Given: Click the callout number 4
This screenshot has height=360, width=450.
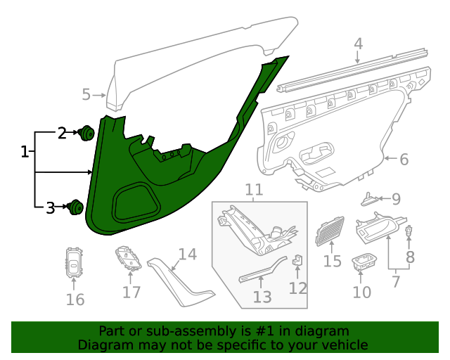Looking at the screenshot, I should pyautogui.click(x=358, y=44).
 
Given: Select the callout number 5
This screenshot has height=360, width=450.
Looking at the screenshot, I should pyautogui.click(x=86, y=94).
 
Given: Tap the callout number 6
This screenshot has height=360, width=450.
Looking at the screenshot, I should pyautogui.click(x=404, y=160).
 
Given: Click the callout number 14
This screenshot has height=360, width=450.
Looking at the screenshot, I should pyautogui.click(x=187, y=255).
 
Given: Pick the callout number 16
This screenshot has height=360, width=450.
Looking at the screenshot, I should pyautogui.click(x=75, y=300).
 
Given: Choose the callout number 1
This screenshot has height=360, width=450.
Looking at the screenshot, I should pyautogui.click(x=25, y=152).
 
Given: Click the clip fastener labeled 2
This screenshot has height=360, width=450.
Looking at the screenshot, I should pyautogui.click(x=87, y=132).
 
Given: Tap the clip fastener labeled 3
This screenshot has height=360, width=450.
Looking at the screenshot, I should pyautogui.click(x=75, y=207).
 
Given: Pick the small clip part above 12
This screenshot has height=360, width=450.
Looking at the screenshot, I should pyautogui.click(x=298, y=260).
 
